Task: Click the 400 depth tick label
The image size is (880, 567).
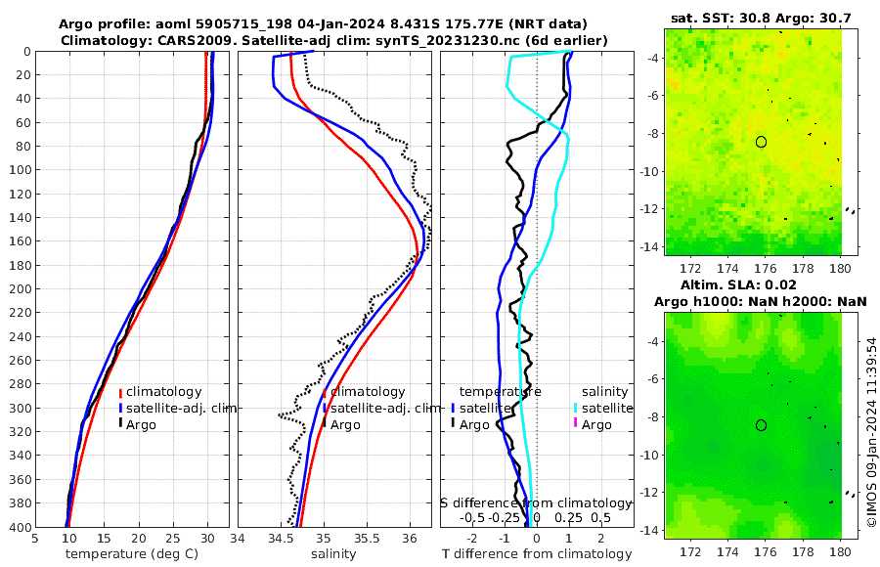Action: (x=19, y=527)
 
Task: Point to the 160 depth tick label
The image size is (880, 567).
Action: (x=19, y=241)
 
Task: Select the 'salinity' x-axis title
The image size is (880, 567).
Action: (x=332, y=554)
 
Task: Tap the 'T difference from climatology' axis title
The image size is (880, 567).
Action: (x=537, y=554)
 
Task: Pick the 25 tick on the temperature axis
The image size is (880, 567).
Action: (x=173, y=538)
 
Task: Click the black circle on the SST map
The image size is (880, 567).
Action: (x=762, y=142)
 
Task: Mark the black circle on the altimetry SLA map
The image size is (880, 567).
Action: (x=762, y=425)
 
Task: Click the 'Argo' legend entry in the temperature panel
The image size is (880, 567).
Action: (x=141, y=424)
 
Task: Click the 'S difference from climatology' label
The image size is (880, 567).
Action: (x=537, y=502)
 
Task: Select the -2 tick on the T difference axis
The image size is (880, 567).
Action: (x=473, y=538)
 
